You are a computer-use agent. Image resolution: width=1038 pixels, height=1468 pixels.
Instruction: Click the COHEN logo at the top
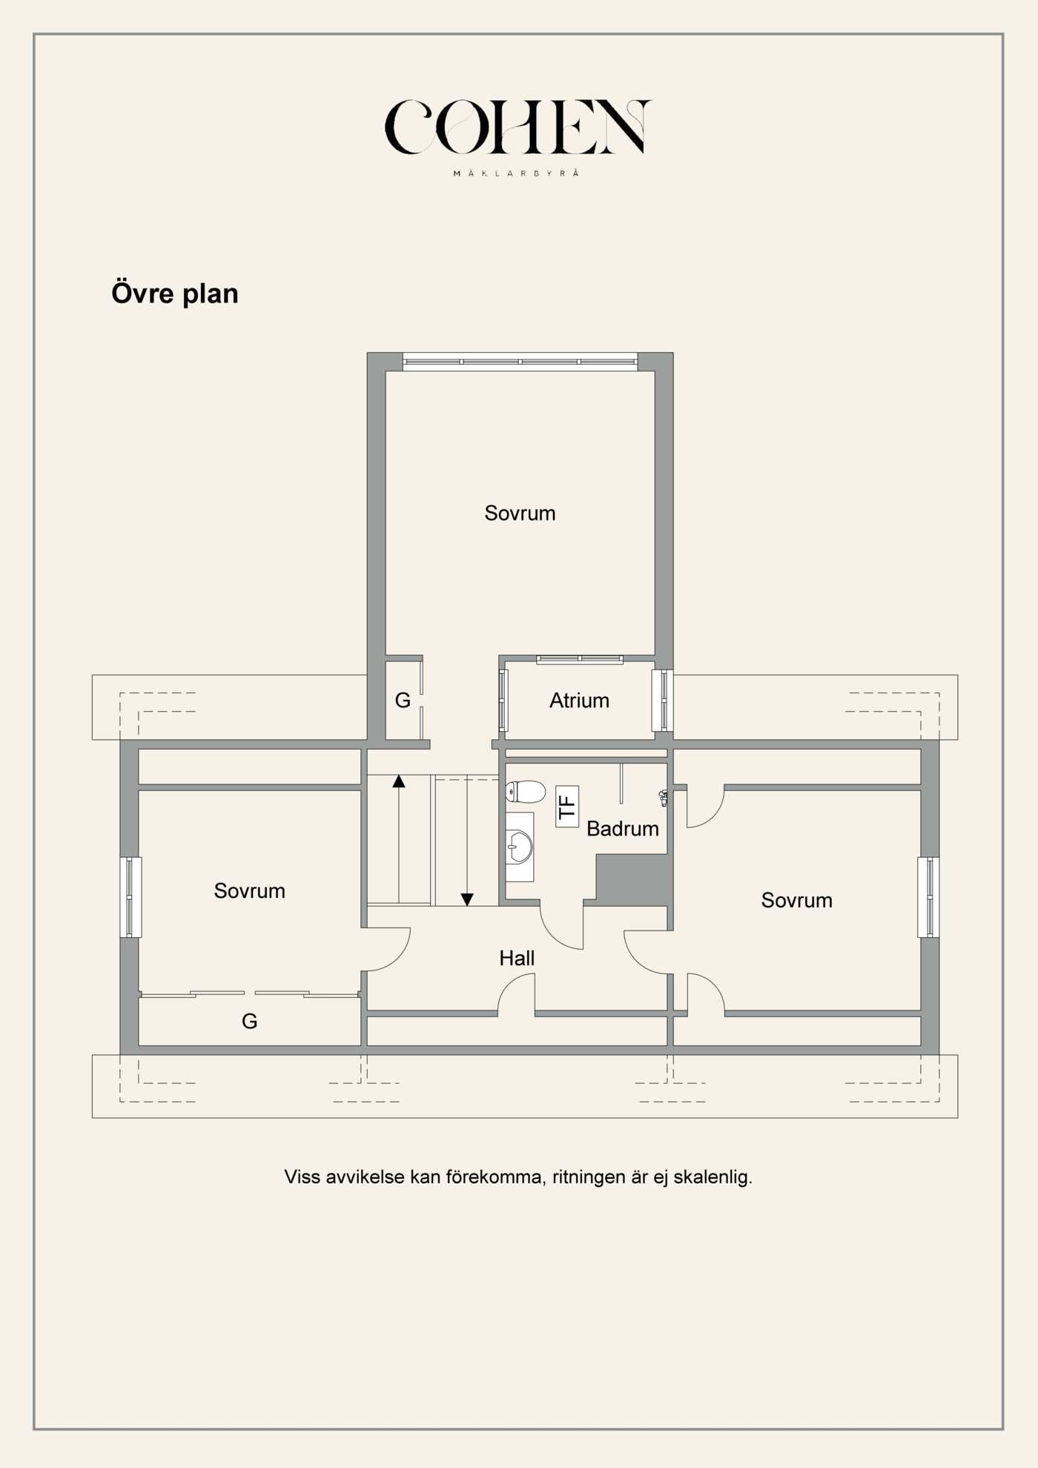517,128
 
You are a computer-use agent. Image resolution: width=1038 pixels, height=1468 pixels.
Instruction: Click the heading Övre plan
175,294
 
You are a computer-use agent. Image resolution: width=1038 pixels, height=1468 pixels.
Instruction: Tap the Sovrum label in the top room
520,513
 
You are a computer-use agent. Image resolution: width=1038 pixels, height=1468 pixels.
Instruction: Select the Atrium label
579,701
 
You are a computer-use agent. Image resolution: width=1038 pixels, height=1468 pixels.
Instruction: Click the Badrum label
622,829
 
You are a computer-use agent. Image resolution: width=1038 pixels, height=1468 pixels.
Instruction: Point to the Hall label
517,959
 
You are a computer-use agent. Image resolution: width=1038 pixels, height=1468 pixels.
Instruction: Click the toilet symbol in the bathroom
526,792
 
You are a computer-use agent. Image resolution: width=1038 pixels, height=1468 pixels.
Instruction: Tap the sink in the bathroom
519,847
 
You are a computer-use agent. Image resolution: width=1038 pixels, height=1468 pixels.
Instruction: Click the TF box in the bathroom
567,807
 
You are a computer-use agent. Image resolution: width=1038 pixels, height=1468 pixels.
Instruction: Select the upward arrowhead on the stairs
399,781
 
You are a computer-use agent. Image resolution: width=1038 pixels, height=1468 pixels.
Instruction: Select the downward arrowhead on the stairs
467,899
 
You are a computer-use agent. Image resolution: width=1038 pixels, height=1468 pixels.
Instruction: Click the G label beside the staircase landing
403,701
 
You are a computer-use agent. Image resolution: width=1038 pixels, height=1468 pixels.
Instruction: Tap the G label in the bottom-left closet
250,1022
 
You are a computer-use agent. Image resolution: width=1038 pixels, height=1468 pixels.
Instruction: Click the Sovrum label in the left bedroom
250,891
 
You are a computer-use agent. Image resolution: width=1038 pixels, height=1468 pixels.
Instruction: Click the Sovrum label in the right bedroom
796,901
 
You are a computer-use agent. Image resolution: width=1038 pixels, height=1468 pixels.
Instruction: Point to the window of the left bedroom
130,897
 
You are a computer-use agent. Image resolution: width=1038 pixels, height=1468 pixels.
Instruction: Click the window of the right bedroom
928,897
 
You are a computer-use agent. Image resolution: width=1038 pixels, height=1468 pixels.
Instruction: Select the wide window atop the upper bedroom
520,362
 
